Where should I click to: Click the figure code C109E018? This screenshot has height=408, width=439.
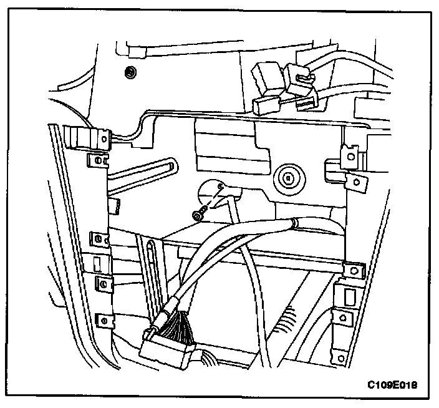pyautogui.click(x=392, y=385)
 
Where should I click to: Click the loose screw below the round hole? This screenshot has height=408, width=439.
pyautogui.click(x=198, y=215)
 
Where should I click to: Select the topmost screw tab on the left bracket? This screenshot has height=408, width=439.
pyautogui.click(x=98, y=162)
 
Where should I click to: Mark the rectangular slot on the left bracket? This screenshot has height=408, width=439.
pyautogui.click(x=100, y=262)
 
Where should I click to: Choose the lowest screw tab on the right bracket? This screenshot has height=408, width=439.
pyautogui.click(x=341, y=317)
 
